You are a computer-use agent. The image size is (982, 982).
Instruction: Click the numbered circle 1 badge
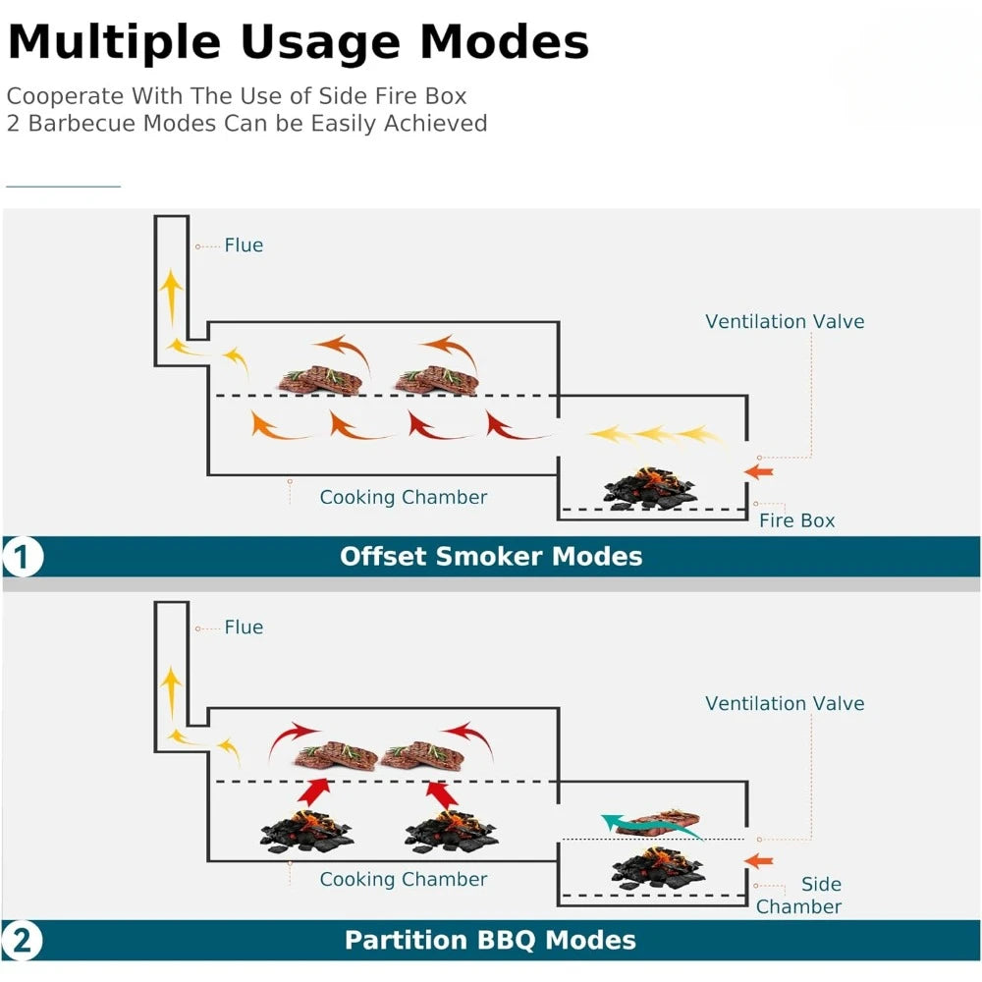pyautogui.click(x=22, y=558)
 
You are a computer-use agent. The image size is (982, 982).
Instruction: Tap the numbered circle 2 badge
pyautogui.click(x=22, y=941)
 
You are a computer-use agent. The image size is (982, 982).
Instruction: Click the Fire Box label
pyautogui.click(x=796, y=520)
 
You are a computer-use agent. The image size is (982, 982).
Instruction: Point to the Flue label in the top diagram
pyautogui.click(x=244, y=245)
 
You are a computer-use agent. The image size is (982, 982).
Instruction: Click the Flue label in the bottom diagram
pyautogui.click(x=244, y=627)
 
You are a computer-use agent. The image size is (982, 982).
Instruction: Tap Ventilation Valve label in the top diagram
pyautogui.click(x=785, y=322)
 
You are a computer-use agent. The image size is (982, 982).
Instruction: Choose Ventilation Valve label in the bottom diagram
pyautogui.click(x=785, y=704)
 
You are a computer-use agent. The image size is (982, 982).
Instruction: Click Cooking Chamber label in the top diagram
pyautogui.click(x=403, y=498)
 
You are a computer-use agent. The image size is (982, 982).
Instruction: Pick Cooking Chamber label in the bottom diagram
pyautogui.click(x=403, y=880)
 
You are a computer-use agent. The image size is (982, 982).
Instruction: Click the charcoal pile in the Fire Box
pyautogui.click(x=652, y=488)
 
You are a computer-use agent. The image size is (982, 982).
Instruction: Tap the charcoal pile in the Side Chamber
pyautogui.click(x=657, y=866)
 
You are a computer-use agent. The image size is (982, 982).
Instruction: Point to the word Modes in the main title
pyautogui.click(x=505, y=42)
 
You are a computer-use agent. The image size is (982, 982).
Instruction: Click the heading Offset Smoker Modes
pyautogui.click(x=491, y=557)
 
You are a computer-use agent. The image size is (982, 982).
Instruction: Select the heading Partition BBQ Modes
pyautogui.click(x=490, y=940)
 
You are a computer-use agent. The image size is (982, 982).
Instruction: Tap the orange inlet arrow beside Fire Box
pyautogui.click(x=758, y=472)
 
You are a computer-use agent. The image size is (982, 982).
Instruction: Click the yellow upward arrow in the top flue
pyautogui.click(x=172, y=295)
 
